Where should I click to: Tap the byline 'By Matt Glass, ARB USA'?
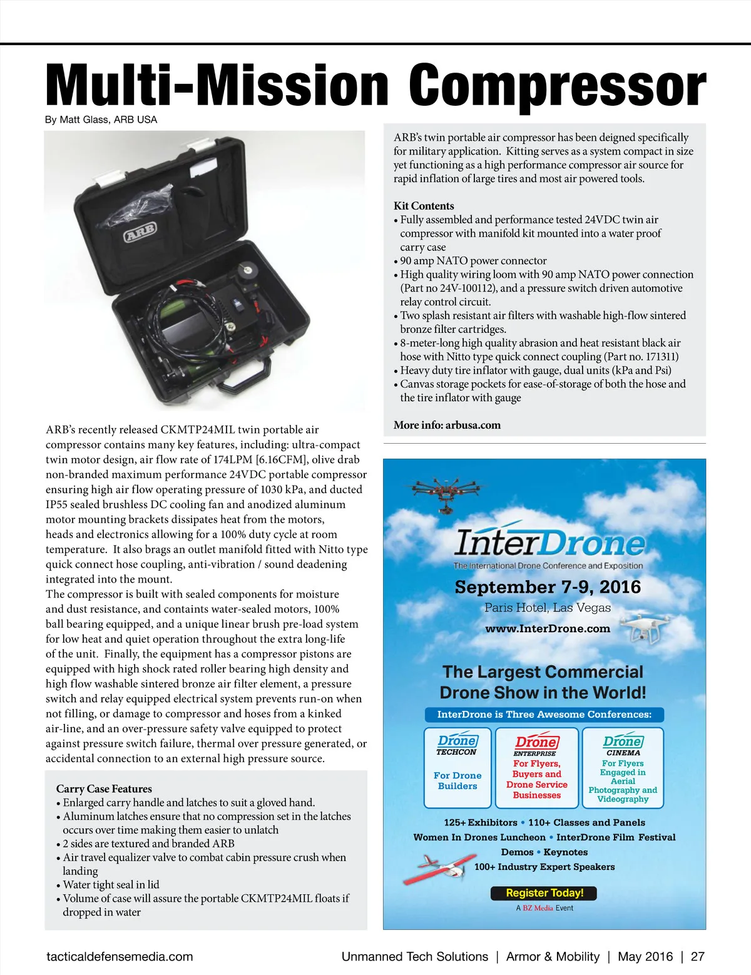pos(101,120)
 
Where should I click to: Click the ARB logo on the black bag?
pos(140,232)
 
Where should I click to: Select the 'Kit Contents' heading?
pos(424,206)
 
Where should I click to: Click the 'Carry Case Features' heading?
pos(104,789)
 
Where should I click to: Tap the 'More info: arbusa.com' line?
pos(447,425)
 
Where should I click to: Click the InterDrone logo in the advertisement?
pos(549,542)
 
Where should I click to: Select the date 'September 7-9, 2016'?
pos(548,587)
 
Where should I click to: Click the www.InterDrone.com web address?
pos(548,628)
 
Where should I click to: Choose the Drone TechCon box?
pos(457,767)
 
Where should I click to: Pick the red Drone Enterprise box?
pos(536,767)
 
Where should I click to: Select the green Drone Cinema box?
pos(623,767)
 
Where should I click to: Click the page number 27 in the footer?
pos(697,956)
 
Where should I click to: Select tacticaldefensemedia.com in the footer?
pos(120,956)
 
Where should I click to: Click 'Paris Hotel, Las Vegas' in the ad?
pos(548,608)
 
